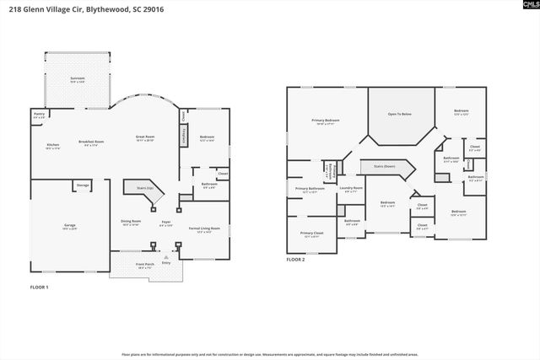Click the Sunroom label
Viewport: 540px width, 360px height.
pyautogui.click(x=77, y=79)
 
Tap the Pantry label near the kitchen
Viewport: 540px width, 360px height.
pyautogui.click(x=39, y=115)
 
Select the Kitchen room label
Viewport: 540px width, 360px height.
pyautogui.click(x=52, y=146)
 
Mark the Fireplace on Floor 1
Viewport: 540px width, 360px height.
pyautogui.click(x=183, y=135)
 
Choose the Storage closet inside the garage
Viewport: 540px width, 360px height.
pyautogui.click(x=83, y=185)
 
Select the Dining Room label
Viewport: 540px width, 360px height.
pyautogui.click(x=131, y=222)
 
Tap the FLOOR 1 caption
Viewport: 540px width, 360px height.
pyautogui.click(x=38, y=288)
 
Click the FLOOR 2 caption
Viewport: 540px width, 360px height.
pyautogui.click(x=295, y=260)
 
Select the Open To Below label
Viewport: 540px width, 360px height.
pyautogui.click(x=401, y=114)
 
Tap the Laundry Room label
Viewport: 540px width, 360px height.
pyautogui.click(x=352, y=189)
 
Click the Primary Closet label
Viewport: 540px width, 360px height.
pyautogui.click(x=311, y=234)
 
